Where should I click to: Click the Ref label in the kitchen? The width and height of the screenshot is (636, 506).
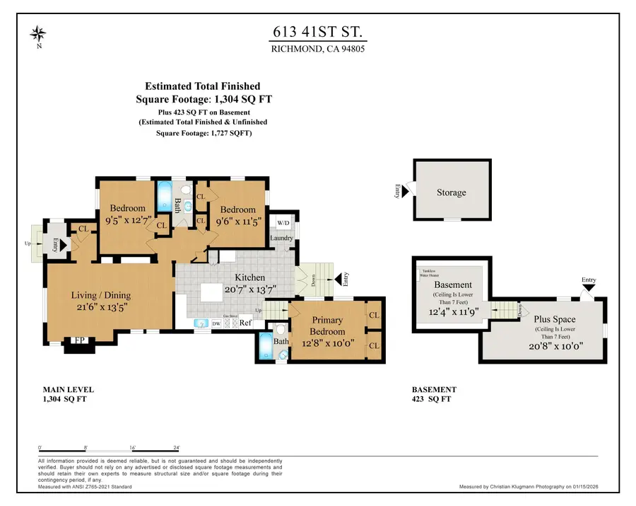(245, 323)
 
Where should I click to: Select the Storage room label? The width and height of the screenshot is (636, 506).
(451, 192)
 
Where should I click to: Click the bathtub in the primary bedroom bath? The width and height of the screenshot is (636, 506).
(264, 347)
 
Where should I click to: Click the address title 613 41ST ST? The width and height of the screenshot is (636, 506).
(317, 32)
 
